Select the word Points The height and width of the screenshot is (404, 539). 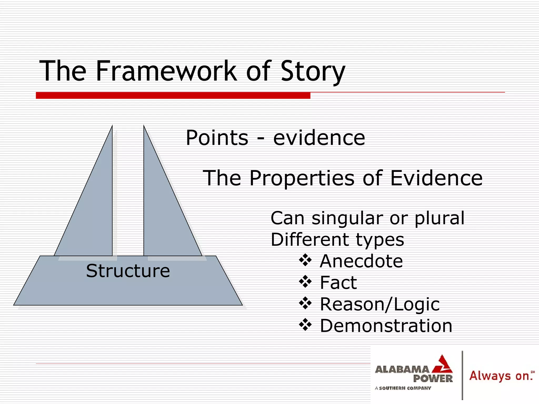pos(217,138)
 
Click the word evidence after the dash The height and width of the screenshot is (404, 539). pos(319,138)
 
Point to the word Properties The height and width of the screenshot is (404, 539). pos(302,178)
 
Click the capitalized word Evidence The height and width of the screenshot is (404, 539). pos(436,178)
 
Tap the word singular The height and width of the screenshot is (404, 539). pos(347,218)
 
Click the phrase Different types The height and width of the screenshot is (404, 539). pos(337,240)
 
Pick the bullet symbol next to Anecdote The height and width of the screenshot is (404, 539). pos(305,261)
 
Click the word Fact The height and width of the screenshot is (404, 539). pos(338,283)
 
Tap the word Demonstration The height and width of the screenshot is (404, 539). pos(386,326)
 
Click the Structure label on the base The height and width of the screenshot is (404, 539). pos(128,271)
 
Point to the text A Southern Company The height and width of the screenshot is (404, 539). pos(403,388)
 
